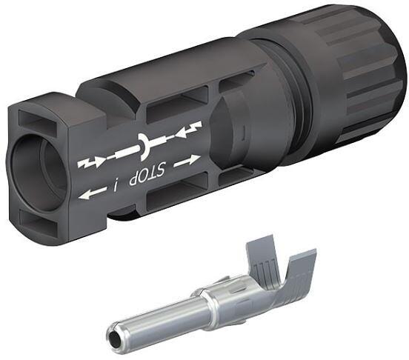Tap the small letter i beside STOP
point(116,181)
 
